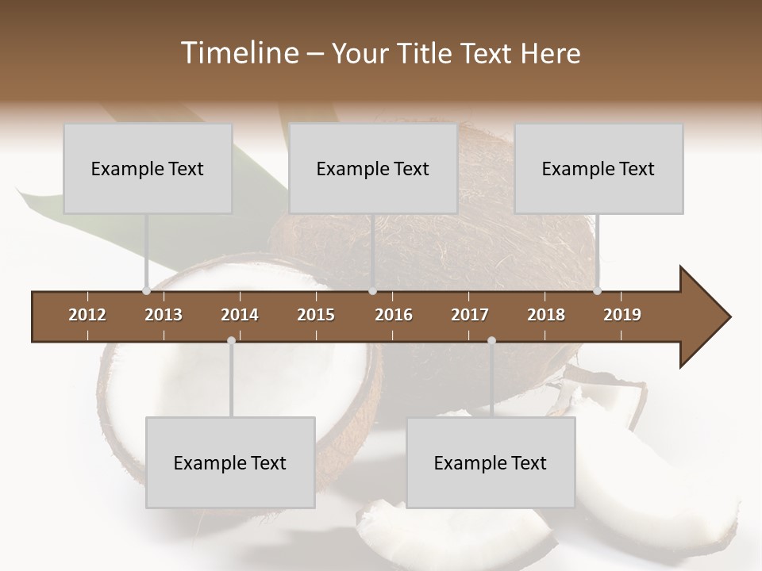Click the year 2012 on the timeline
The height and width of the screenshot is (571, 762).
tap(87, 315)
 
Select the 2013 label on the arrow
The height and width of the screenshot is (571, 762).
tap(164, 315)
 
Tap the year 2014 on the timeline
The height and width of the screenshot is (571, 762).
tap(240, 315)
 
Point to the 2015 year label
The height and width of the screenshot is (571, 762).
tap(316, 315)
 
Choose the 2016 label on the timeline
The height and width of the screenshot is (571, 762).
tap(394, 315)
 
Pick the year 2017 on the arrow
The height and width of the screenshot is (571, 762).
tap(470, 315)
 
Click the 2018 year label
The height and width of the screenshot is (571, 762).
tap(546, 315)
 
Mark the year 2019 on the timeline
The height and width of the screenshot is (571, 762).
tap(622, 315)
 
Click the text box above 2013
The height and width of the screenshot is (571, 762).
tap(148, 168)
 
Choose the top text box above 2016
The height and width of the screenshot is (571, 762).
tap(373, 168)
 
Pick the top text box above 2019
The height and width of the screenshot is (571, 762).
tap(598, 168)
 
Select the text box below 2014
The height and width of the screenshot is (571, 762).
tap(230, 462)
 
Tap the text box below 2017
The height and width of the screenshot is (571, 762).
tap(491, 462)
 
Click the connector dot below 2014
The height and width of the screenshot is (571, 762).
tap(231, 340)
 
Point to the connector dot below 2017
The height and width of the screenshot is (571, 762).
tap(491, 340)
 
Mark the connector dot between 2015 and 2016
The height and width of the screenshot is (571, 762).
tap(373, 291)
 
